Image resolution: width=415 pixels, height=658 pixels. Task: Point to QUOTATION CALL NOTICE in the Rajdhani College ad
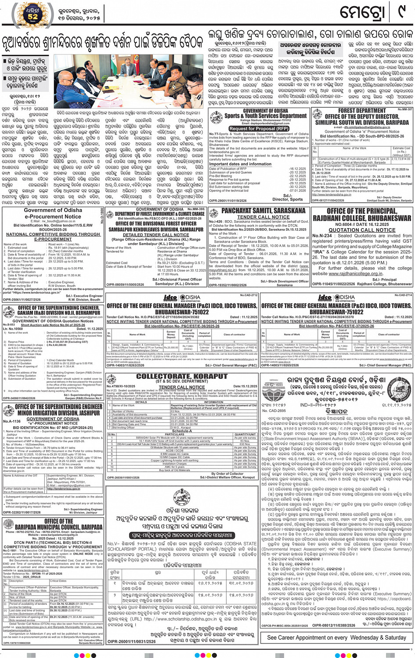pyautogui.click(x=362, y=230)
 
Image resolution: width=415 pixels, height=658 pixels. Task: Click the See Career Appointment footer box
pyautogui.click(x=336, y=637)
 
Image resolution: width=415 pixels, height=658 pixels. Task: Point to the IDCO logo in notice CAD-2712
pyautogui.click(x=170, y=298)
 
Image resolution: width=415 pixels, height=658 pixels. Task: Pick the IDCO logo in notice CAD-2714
pyautogui.click(x=325, y=298)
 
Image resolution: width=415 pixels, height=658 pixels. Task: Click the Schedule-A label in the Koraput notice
pyautogui.click(x=181, y=431)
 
